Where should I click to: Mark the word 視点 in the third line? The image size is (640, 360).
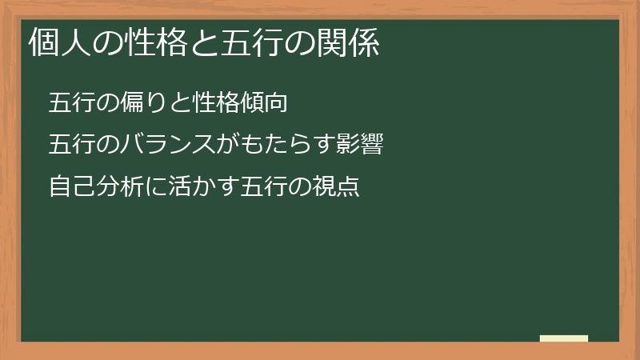pos(337,187)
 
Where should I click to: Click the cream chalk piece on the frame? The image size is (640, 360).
pos(564,339)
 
